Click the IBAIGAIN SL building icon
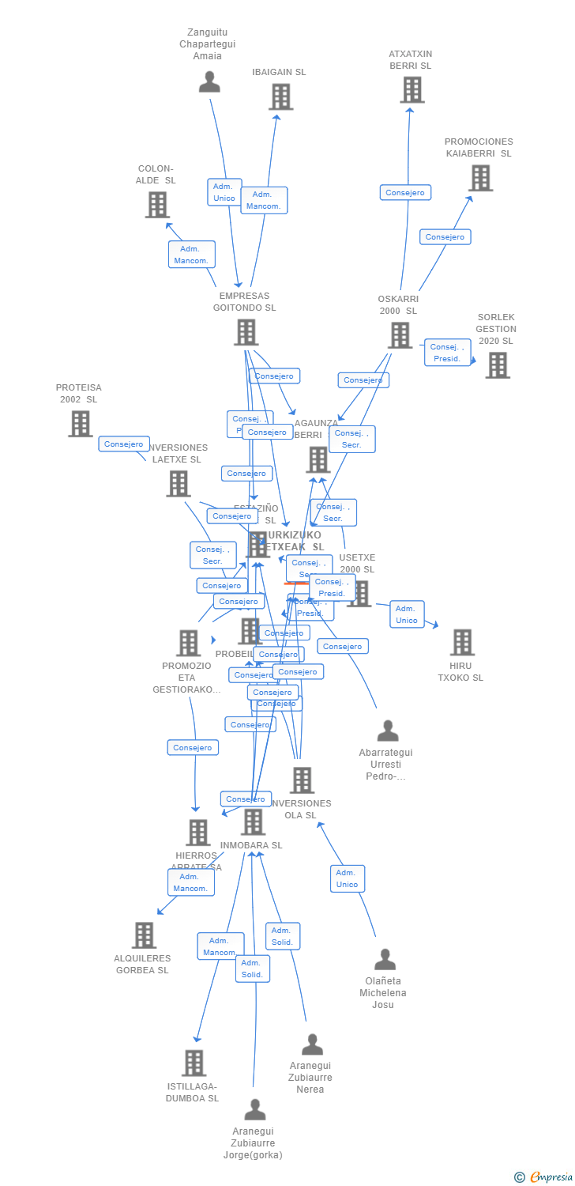280,96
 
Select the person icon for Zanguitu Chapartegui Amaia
209,82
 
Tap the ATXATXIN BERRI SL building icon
412,89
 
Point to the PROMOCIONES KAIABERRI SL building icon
480,178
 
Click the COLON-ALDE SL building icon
157,205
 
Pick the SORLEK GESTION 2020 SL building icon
497,365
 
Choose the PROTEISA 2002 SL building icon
80,424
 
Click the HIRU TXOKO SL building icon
462,643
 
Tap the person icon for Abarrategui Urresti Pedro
387,731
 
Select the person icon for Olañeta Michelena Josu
385,959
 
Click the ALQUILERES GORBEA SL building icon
144,935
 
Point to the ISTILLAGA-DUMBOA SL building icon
194,1063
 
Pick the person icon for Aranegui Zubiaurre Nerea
312,1044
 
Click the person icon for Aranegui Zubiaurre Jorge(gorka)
254,1109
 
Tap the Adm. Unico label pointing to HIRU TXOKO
407,614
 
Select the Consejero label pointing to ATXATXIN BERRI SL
405,192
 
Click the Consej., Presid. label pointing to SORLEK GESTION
447,353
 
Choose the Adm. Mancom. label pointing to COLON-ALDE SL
191,255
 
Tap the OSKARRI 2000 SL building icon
400,335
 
